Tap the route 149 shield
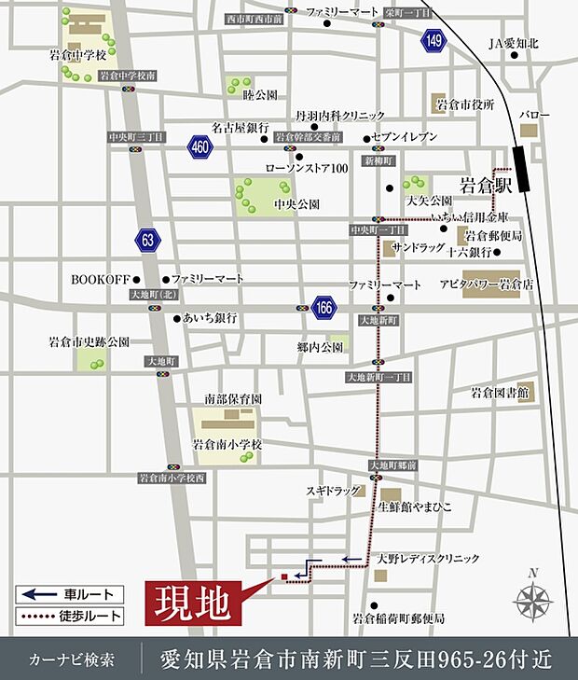pos(433,40)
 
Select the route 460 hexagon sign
pos(199,146)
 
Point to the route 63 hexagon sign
pos(146,239)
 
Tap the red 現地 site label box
pos(193,604)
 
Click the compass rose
pos(531,597)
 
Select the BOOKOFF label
pos(99,279)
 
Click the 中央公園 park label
pos(296,202)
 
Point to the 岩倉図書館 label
pos(500,393)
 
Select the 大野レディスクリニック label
pos(428,559)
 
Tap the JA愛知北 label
pos(514,43)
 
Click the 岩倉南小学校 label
pos(227,445)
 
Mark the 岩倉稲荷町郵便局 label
pos(398,618)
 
